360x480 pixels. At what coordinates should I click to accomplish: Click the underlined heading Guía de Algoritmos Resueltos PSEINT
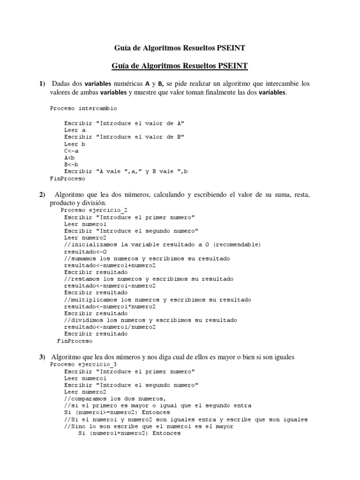tap(180, 66)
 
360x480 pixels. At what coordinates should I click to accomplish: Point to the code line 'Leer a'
tap(75, 130)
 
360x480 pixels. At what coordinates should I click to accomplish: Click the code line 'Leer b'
tap(75, 144)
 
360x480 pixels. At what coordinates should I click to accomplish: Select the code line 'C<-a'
tap(72, 151)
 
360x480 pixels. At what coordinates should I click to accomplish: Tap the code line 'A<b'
tap(70, 158)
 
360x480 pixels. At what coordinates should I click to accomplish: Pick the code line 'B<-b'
tap(72, 165)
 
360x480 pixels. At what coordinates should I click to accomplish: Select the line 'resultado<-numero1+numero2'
tap(110, 265)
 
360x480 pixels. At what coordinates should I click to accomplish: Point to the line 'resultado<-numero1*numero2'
tap(110, 307)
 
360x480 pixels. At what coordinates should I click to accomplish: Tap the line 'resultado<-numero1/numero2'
tap(110, 327)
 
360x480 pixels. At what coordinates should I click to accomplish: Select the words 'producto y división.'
tap(78, 203)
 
